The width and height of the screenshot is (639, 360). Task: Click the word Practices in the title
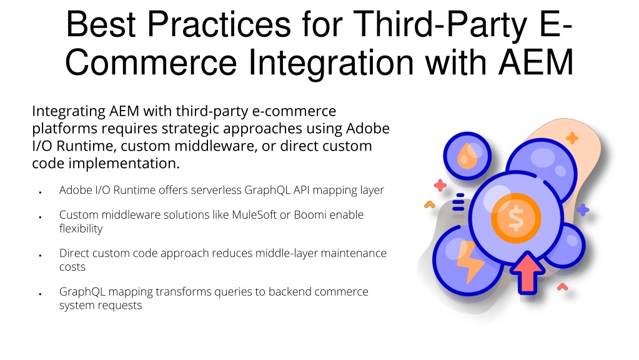219,24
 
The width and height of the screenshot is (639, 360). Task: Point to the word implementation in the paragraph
124,164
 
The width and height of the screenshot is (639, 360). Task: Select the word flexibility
81,229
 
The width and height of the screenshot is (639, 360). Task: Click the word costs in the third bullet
72,267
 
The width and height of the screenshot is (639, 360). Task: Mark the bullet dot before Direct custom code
41,256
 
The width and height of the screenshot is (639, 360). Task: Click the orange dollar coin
516,218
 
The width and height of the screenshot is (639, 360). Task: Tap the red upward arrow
528,272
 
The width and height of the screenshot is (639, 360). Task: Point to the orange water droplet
467,156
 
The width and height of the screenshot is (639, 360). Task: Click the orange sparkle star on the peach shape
572,138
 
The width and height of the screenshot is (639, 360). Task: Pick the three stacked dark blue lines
458,202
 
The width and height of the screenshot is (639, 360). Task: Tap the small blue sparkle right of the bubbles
583,210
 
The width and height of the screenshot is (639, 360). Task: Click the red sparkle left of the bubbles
440,186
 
